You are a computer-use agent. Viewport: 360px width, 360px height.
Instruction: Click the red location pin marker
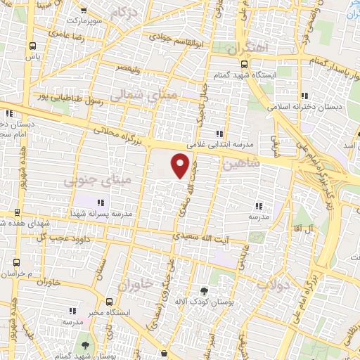tap(181, 166)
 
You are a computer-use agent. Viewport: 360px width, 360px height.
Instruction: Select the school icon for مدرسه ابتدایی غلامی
tap(219, 133)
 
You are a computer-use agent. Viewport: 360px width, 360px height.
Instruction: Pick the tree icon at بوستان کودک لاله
tap(204, 290)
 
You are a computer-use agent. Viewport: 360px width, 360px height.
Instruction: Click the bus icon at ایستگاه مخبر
tap(108, 301)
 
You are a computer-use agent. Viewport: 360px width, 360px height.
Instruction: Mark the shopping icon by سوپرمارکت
tap(84, 11)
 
